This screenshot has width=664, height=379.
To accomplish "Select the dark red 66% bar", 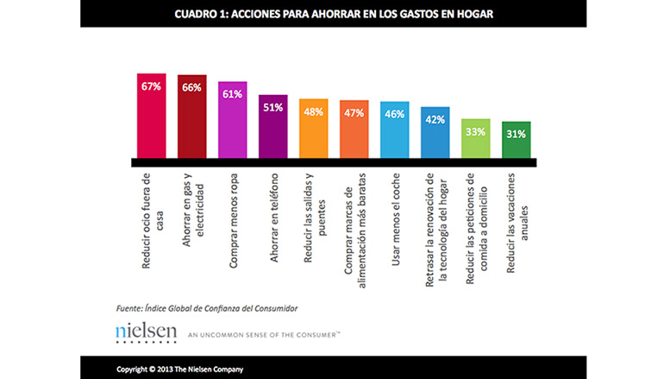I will point(191,116).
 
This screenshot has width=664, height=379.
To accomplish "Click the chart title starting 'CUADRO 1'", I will point(333,14).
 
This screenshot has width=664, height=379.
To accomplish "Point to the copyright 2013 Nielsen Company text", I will point(180,369).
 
